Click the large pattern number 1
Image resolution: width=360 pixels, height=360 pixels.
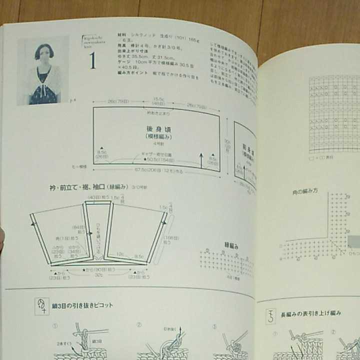coord(92,61)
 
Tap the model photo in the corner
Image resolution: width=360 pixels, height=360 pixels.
coord(44,71)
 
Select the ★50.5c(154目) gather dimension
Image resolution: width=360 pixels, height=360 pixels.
coord(159,159)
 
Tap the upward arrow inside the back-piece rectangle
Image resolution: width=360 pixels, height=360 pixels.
coord(201,160)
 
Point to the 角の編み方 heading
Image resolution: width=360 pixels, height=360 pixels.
coord(305,192)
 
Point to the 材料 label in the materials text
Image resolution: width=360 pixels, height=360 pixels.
coord(122,35)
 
